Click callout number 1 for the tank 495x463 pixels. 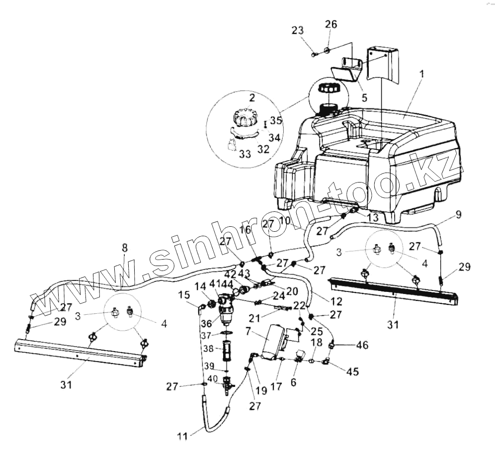(x=421, y=74)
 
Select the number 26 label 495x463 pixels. (x=330, y=24)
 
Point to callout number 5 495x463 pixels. (x=364, y=98)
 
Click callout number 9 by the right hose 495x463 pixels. (x=458, y=215)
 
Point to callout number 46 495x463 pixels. (x=362, y=344)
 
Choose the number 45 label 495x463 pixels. (x=353, y=371)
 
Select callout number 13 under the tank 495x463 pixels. (x=372, y=217)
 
